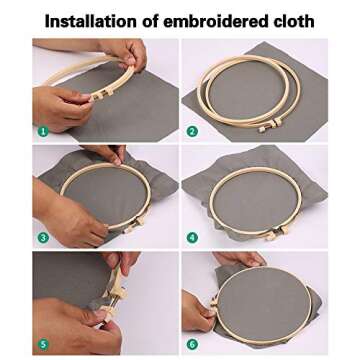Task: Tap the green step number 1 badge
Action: point(42,130)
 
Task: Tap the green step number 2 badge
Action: point(192,130)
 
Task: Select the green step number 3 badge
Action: point(42,237)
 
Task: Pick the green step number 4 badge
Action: point(192,237)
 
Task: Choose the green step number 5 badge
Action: point(42,344)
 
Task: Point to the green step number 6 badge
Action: point(192,344)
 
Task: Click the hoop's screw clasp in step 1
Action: point(100,93)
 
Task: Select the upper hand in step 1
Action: point(126,53)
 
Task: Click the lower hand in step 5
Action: point(75,325)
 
